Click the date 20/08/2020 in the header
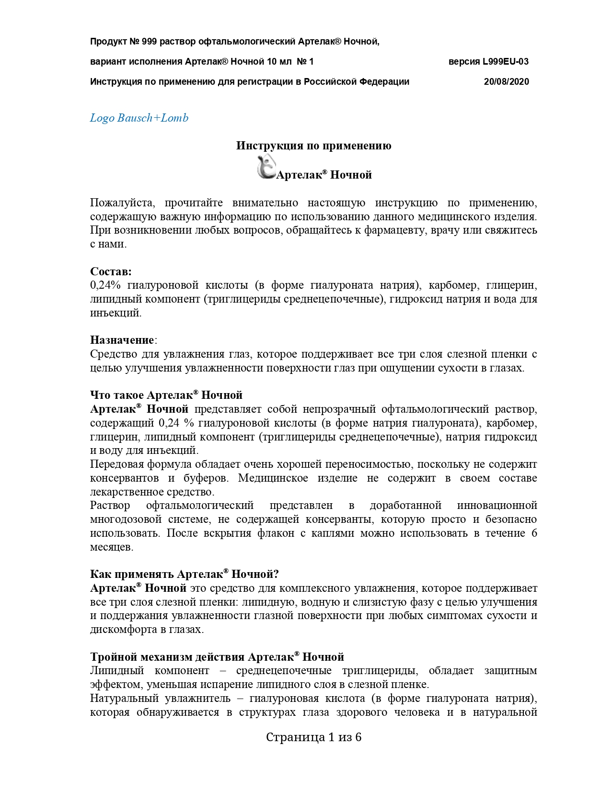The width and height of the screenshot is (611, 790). pos(506,81)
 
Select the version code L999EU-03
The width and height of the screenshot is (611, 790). pos(506,61)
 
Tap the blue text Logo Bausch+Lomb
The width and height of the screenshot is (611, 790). pos(139,118)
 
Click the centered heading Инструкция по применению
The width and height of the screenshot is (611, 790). pos(313,146)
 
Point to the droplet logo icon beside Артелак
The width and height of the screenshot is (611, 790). pos(265,168)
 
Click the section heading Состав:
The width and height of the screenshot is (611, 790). pos(111,271)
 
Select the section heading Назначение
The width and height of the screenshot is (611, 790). pos(122,340)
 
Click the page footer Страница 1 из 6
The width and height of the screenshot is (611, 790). pos(313,737)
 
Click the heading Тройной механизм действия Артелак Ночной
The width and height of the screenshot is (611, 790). pos(217,656)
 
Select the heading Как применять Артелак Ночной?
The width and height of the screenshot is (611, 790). pos(184,574)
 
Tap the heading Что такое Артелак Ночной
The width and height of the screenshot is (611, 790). pos(166,395)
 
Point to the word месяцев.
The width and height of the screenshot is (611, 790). pos(112,547)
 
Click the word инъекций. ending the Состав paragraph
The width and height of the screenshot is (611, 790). pos(115,313)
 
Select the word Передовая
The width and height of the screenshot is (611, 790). pos(116,464)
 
